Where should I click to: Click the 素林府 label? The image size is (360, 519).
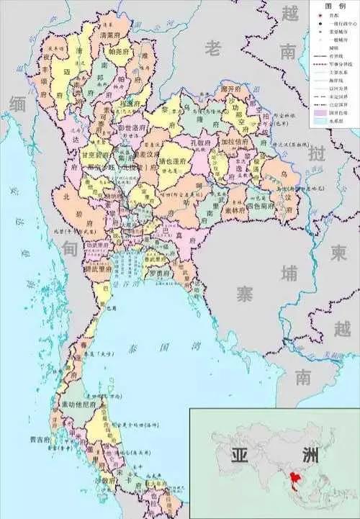234,209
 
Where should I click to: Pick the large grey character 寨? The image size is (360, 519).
246,293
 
